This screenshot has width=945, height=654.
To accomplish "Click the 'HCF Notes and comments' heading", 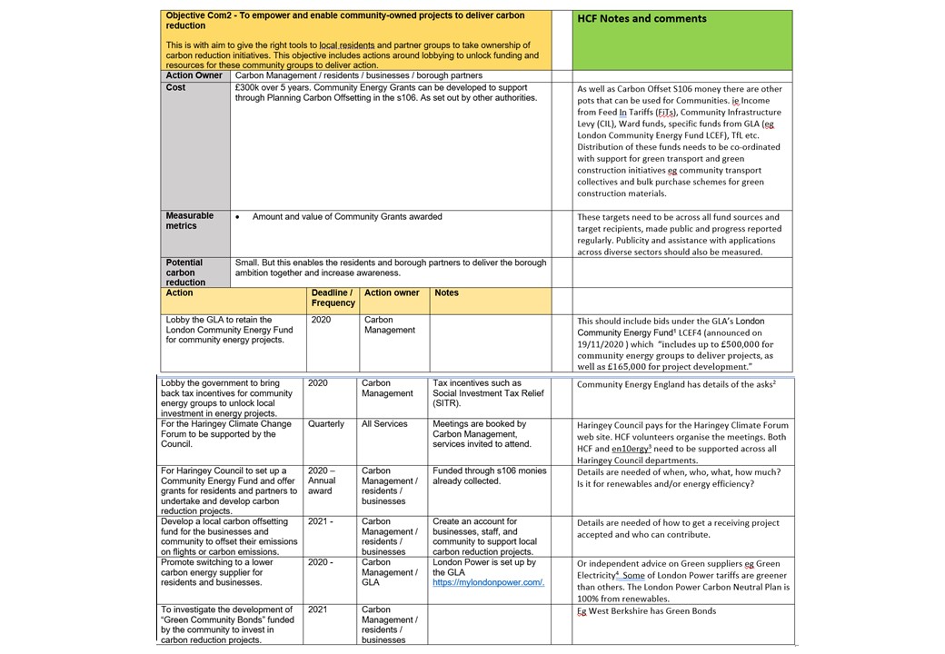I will (642, 18).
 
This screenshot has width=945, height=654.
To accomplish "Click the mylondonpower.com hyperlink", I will (488, 582).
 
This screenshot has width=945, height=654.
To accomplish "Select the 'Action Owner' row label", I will (194, 75).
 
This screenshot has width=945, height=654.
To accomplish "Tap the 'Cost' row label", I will (176, 88).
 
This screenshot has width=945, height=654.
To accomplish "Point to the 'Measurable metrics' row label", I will (190, 221).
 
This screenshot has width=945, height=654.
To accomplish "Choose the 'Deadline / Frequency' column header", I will (332, 298).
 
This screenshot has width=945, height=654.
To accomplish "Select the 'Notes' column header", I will (446, 293).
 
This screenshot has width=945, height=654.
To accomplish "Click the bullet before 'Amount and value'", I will (237, 217).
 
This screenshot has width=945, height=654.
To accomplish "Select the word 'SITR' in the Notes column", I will (444, 403).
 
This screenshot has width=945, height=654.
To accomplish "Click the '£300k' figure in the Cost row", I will (249, 88).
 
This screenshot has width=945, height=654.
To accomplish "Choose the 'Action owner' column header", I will (392, 293).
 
